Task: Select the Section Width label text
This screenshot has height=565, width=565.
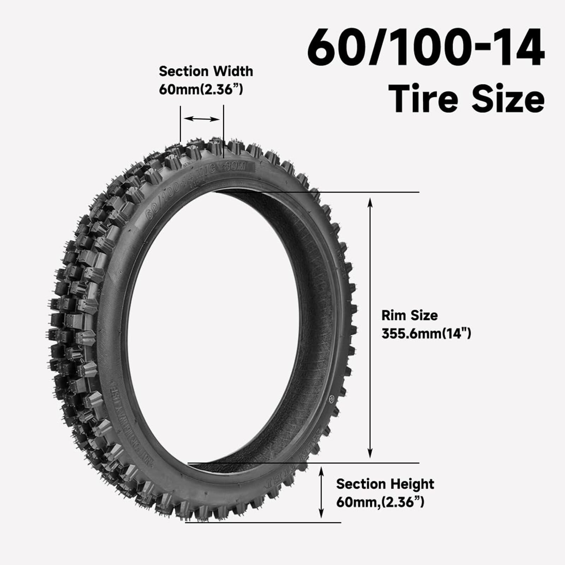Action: (206, 71)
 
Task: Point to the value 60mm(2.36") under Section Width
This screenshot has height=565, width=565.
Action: (201, 89)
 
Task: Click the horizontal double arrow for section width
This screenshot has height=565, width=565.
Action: (202, 119)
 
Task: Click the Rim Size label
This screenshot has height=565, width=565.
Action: (409, 315)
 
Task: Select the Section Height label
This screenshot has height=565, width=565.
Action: (385, 484)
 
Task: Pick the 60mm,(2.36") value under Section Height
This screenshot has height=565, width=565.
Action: (380, 502)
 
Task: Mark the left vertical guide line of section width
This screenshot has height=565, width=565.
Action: (180, 124)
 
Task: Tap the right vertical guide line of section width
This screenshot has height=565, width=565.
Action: (224, 131)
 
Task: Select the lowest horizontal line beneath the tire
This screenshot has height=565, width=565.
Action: (263, 523)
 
